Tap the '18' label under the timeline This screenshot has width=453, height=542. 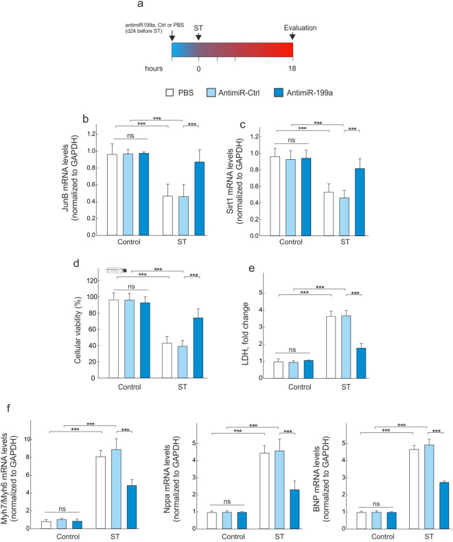pyautogui.click(x=293, y=69)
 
